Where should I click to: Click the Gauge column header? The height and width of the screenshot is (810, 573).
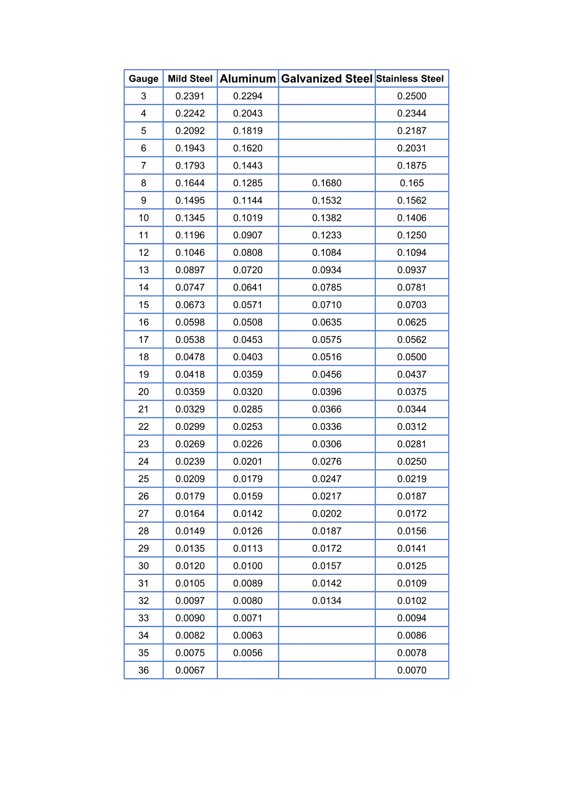(143, 79)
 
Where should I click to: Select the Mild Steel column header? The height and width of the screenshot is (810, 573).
(190, 79)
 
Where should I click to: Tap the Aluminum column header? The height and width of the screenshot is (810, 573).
(248, 79)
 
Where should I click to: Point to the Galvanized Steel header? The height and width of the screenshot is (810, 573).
(327, 79)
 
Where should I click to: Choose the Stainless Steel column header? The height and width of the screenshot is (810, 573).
(410, 79)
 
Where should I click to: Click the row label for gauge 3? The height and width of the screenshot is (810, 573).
(143, 96)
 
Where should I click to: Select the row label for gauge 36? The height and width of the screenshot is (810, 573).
(143, 671)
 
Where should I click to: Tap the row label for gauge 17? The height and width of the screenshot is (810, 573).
(143, 340)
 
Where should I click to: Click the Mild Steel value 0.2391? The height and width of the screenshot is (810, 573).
(190, 96)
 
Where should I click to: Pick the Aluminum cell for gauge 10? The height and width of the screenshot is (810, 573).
(248, 218)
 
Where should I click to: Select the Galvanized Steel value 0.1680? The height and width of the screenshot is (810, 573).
(327, 183)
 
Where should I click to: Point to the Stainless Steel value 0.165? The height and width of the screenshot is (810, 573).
(412, 183)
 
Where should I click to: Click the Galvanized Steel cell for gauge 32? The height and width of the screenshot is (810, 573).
(327, 601)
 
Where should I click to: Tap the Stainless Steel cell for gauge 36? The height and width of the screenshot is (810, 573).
(412, 671)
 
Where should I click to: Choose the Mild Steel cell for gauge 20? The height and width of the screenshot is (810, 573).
(190, 392)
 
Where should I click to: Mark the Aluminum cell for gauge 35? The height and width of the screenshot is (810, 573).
(248, 653)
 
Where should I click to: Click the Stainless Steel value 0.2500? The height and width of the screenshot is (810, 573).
(412, 96)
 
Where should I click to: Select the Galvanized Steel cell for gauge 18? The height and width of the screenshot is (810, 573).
(327, 357)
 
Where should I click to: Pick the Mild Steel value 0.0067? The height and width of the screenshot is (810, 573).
(190, 671)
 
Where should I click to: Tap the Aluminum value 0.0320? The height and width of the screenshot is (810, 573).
(248, 392)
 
